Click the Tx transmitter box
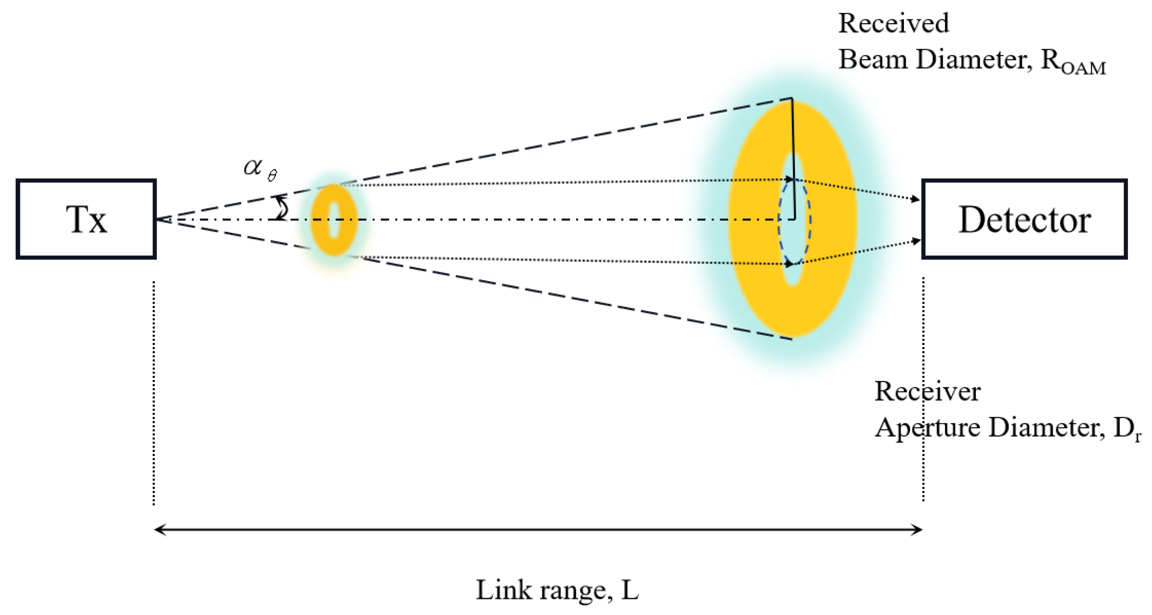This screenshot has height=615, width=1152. click(x=86, y=219)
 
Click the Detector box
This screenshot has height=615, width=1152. click(x=1024, y=219)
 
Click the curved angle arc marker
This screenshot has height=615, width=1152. click(x=283, y=208)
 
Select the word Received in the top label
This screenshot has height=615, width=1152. click(x=893, y=23)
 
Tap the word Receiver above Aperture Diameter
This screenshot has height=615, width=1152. click(x=927, y=392)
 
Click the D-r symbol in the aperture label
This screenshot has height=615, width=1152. click(x=1126, y=429)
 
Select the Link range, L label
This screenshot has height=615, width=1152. click(x=557, y=590)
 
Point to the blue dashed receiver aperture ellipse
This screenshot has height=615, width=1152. click(x=779, y=220)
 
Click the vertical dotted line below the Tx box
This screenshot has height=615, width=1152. click(x=154, y=393)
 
